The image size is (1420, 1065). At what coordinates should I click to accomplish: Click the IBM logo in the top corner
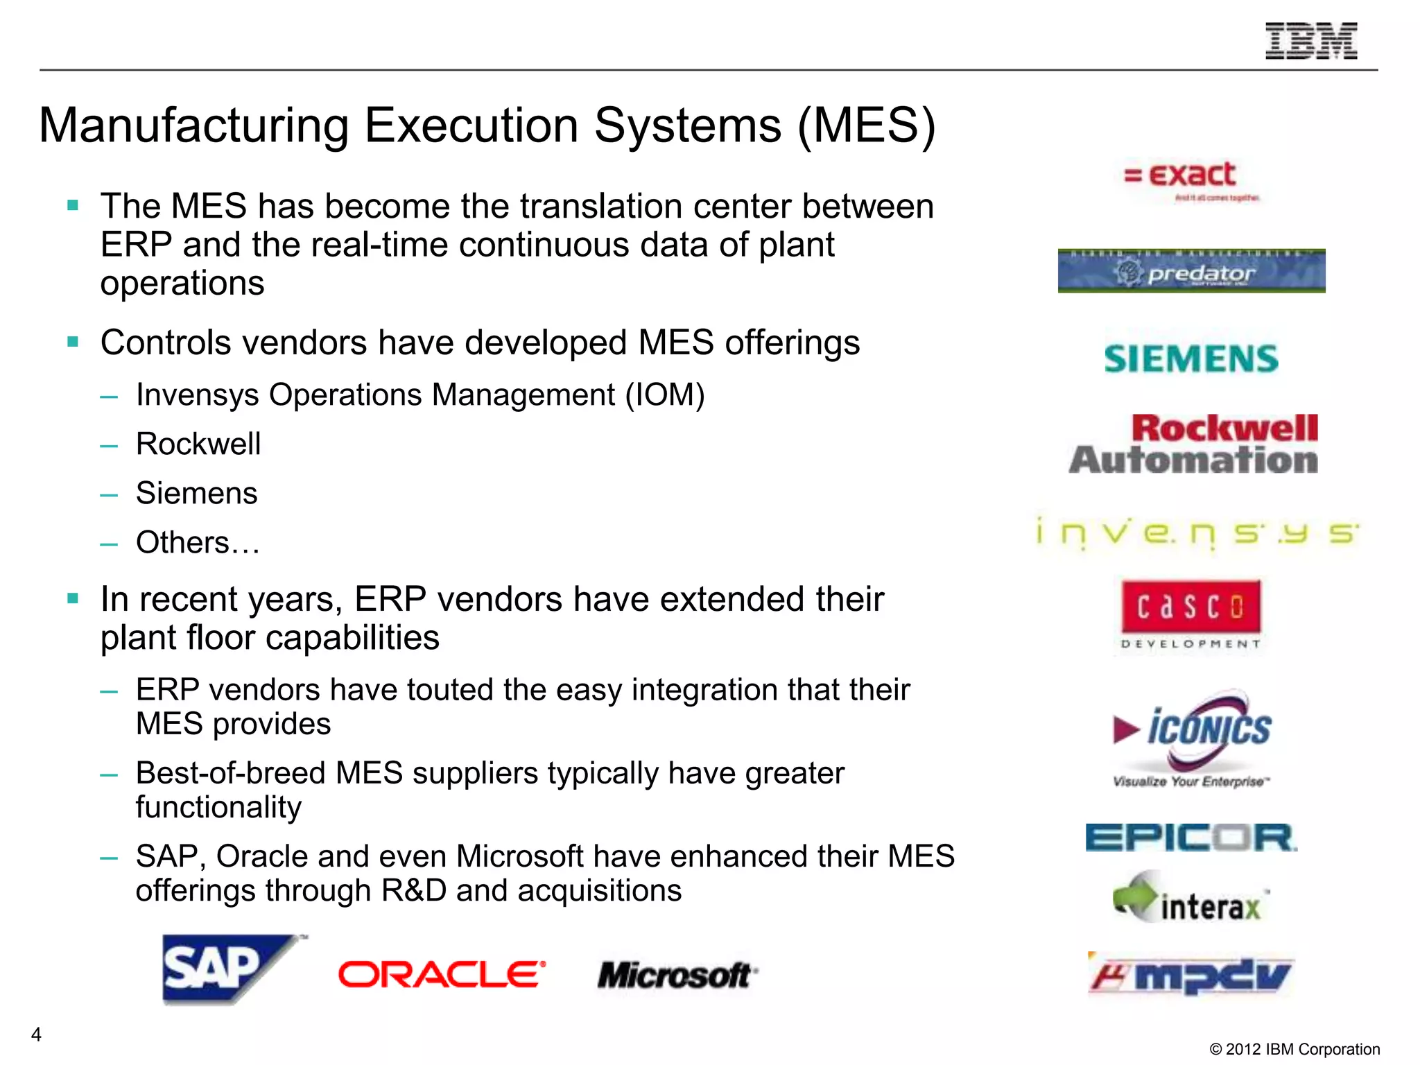pos(1311,41)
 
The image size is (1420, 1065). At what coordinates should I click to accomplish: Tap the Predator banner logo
pos(1191,271)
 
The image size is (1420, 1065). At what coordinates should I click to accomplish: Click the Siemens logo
pos(1190,359)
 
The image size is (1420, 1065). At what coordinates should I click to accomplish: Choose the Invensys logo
pos(1197,533)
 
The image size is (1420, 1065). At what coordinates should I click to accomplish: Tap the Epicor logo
pos(1190,838)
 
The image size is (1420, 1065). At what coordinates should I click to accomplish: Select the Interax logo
pos(1190,899)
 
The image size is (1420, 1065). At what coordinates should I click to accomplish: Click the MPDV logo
pos(1190,975)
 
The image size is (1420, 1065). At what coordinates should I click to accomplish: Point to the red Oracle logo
pos(442,974)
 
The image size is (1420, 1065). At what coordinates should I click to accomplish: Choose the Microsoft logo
pos(676,975)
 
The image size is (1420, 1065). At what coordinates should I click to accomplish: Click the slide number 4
pos(36,1034)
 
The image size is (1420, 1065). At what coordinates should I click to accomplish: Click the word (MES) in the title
pos(866,125)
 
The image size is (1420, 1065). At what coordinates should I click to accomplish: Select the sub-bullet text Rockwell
pos(198,444)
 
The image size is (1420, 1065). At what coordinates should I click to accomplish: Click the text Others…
pos(198,542)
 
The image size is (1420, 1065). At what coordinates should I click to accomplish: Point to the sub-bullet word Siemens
pos(196,493)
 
